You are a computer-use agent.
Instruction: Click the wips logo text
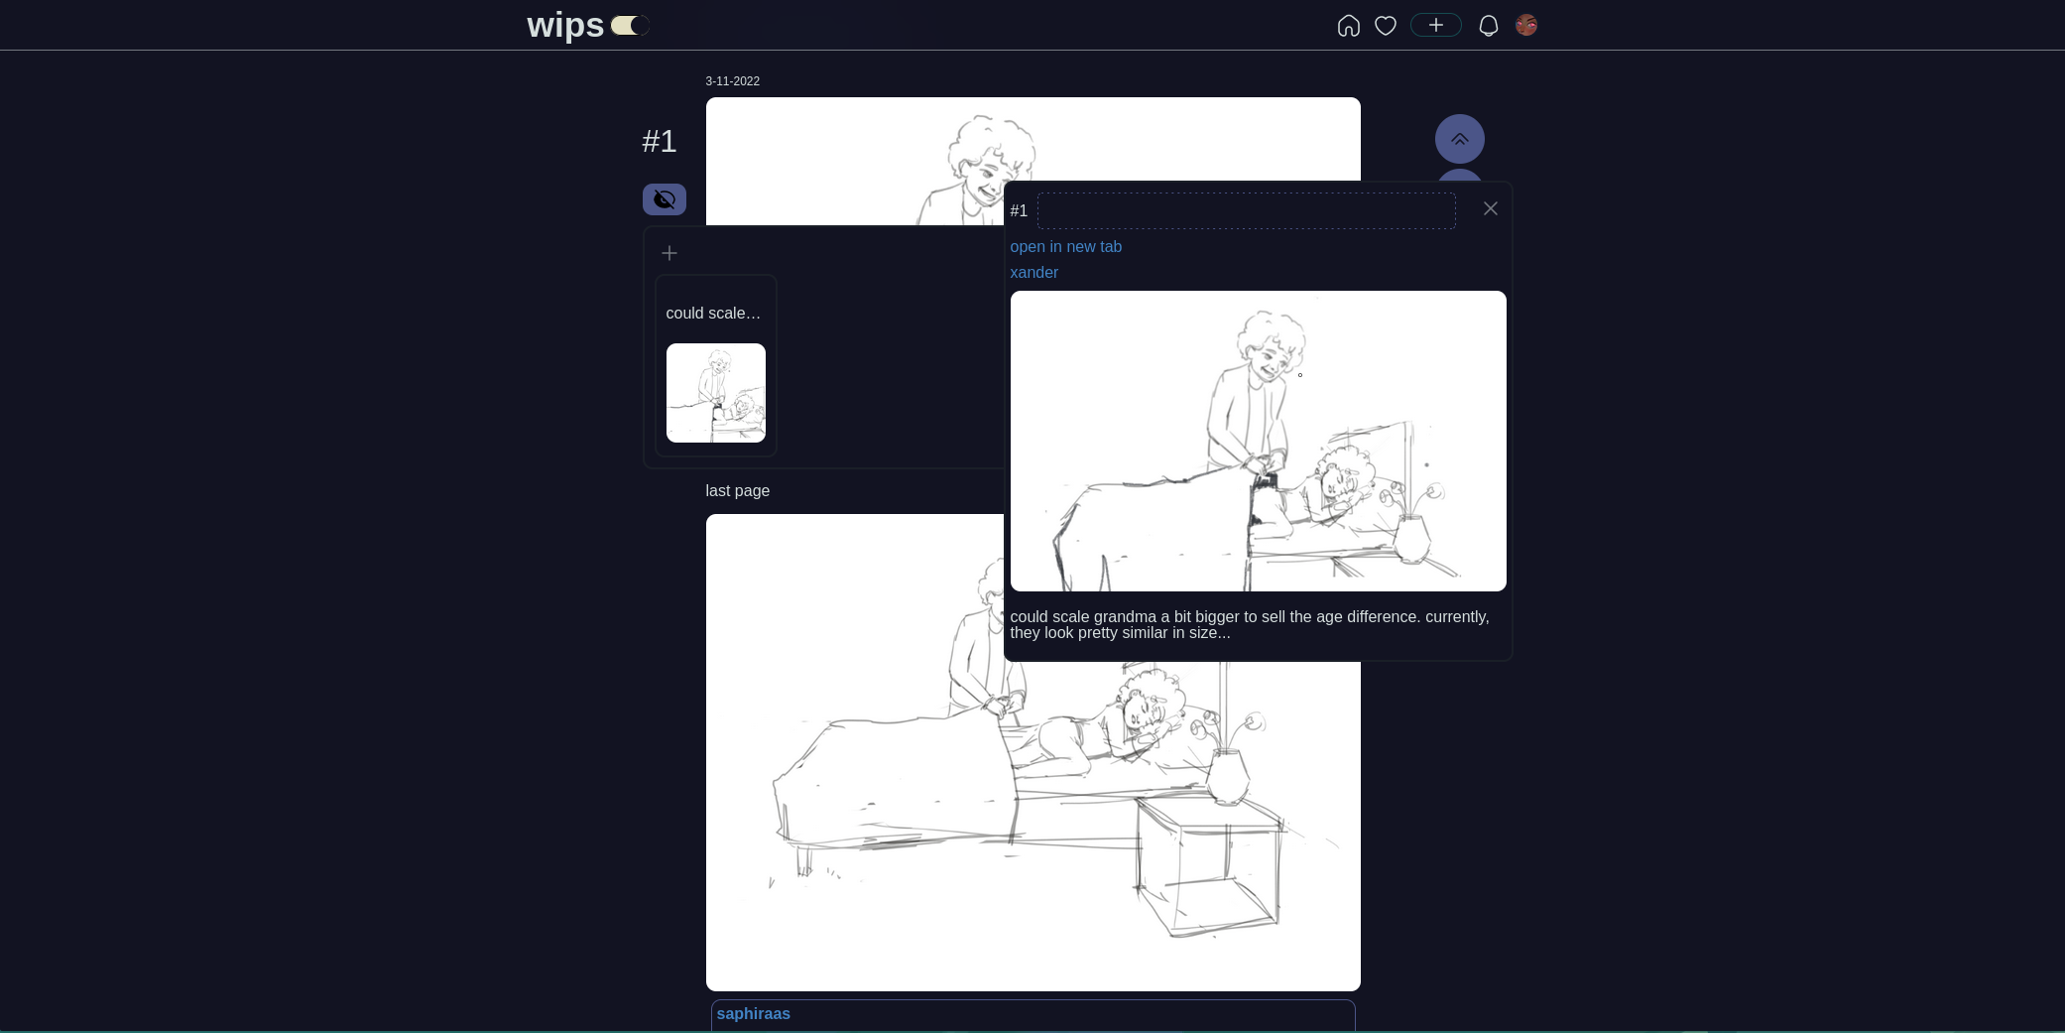[x=565, y=25]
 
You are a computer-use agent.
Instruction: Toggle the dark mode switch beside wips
[x=630, y=25]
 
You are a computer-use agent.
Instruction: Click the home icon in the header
[x=1348, y=26]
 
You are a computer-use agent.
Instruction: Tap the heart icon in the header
[x=1386, y=26]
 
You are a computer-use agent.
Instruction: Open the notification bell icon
[x=1489, y=26]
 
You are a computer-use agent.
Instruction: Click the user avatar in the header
[x=1526, y=25]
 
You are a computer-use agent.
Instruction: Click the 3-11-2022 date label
[x=733, y=81]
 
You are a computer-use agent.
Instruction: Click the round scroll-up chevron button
[x=1460, y=139]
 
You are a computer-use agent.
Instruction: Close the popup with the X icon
[x=1491, y=208]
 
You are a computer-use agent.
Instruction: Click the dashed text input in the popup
[x=1247, y=210]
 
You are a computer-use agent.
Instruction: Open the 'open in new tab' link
[x=1066, y=247]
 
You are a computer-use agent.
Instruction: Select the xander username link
[x=1034, y=273]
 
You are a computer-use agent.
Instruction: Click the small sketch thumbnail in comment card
[x=716, y=393]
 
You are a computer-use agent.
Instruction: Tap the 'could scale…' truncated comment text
[x=713, y=314]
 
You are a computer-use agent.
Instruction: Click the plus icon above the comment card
[x=669, y=253]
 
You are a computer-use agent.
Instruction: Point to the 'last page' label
[x=738, y=491]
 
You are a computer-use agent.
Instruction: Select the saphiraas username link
[x=754, y=1014]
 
